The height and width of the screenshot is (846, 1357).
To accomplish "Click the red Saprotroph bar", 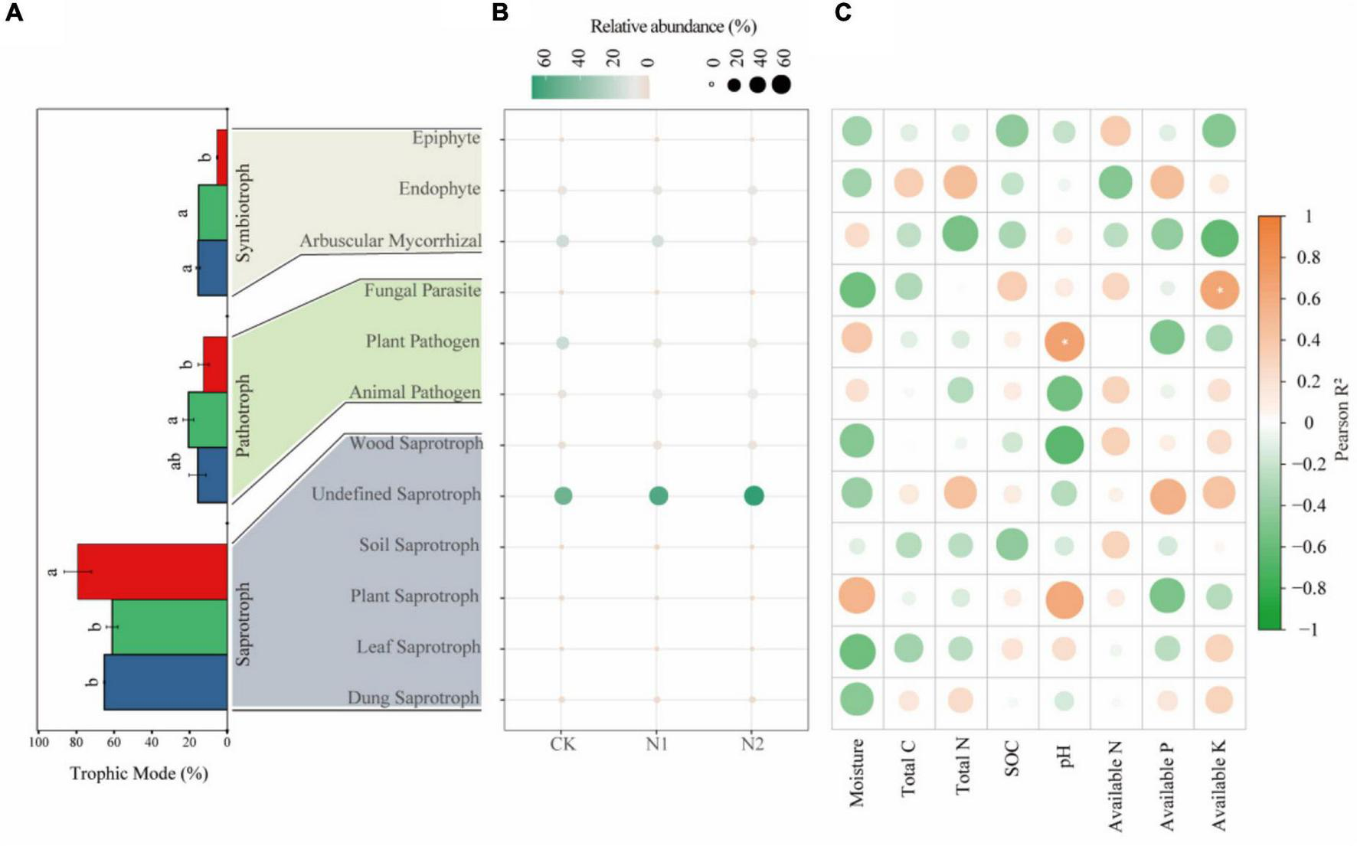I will coord(152,571).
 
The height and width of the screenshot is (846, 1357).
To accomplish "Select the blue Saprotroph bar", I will coord(165,682).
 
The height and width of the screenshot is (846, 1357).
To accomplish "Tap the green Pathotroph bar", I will coord(208,420).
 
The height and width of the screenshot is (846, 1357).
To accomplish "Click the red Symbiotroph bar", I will coord(222,157).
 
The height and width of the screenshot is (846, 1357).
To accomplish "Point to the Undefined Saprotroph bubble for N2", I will coord(754,496).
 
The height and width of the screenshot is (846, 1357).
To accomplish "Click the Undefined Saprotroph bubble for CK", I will coord(563,496).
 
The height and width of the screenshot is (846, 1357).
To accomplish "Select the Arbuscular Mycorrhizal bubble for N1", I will coord(657,241).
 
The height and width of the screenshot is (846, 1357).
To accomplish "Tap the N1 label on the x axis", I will coord(657,744).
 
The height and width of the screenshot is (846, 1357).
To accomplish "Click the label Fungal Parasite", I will coord(422,290).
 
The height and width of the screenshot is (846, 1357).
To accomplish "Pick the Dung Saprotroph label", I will coord(413,697).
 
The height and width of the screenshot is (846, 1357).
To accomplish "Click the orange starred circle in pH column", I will coord(1064,341).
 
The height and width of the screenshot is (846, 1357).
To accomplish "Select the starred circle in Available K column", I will coord(1220,290).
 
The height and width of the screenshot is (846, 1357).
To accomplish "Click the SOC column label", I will coord(1012,759).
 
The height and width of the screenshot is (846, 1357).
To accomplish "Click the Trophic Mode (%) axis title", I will coord(139,773).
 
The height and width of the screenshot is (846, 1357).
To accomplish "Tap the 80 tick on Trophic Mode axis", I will coord(76,742).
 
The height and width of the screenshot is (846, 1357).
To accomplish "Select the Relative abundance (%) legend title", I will coord(673,27).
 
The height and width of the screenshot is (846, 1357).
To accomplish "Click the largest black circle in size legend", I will coord(781,84).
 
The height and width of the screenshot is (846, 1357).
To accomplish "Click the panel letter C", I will coord(842,13).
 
